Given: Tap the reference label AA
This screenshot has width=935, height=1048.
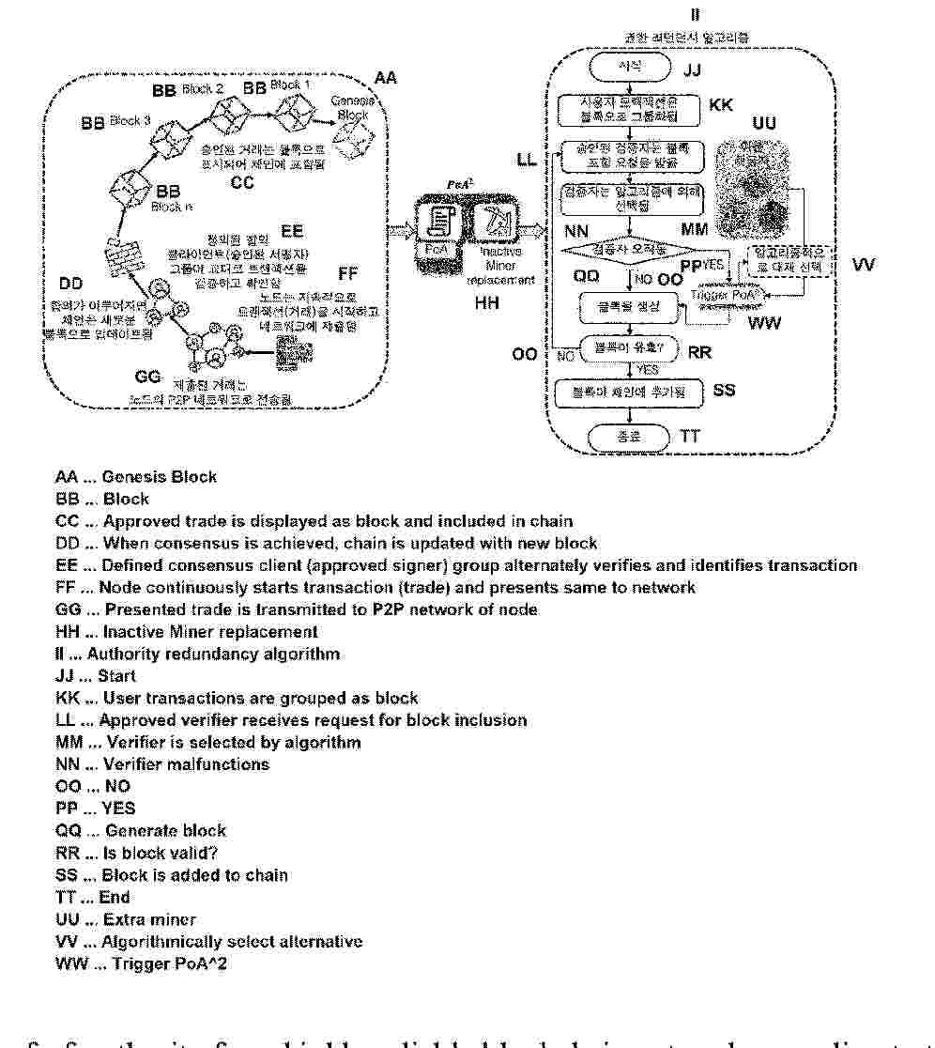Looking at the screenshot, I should (386, 78).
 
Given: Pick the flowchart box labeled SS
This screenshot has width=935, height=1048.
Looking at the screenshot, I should (629, 391).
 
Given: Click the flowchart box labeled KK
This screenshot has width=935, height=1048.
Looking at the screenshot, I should (629, 110).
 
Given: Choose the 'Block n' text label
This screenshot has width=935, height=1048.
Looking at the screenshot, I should (166, 207).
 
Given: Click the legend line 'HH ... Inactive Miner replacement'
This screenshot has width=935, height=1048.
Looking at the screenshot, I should (187, 631).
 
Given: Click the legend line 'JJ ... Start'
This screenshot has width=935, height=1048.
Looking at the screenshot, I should (96, 675).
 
